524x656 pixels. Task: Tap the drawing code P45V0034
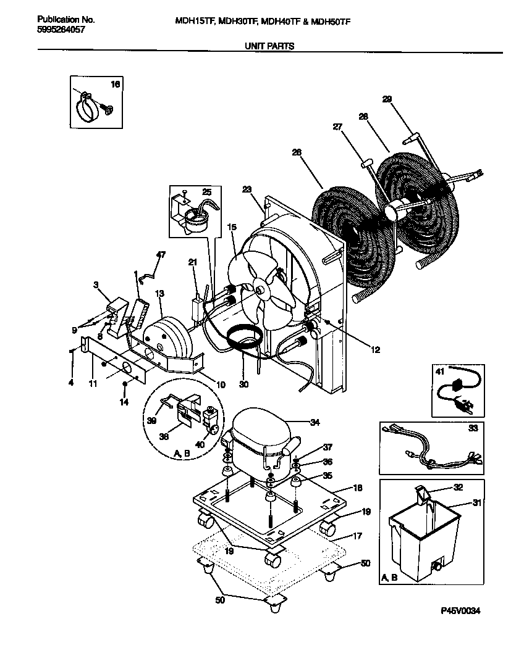coord(460,610)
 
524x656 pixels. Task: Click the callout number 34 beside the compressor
coord(315,423)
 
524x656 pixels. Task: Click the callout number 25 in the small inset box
coord(206,192)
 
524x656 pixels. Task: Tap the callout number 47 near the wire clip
coord(161,254)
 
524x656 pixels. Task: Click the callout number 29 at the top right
coord(387,99)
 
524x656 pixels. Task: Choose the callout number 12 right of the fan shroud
coord(376,350)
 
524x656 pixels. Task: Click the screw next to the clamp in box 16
coord(109,109)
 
